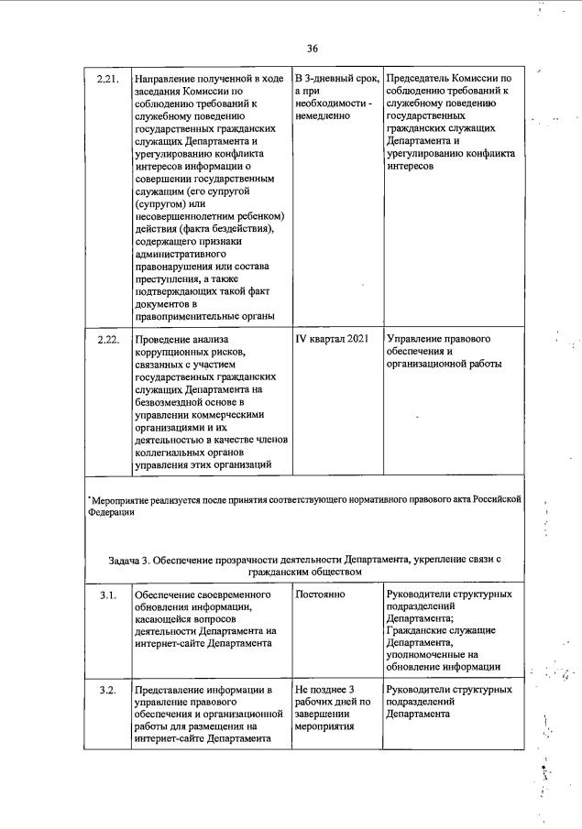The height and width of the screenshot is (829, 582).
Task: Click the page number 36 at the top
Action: click(x=313, y=49)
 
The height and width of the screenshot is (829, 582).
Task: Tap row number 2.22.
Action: click(x=108, y=340)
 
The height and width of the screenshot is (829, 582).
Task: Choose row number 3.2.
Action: click(x=108, y=689)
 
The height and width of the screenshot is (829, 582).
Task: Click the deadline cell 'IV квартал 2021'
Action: click(x=332, y=340)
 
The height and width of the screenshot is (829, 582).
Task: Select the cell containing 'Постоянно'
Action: click(x=320, y=595)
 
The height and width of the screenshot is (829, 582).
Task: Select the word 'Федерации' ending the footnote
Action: click(x=111, y=513)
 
